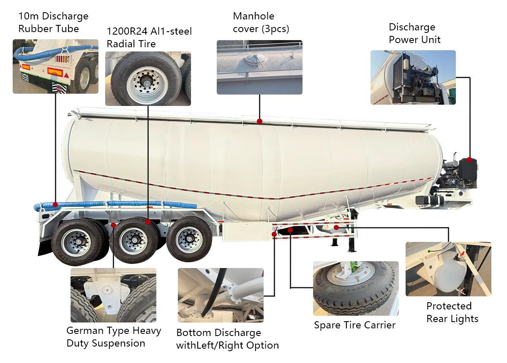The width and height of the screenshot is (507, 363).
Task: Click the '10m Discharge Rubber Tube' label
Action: pos(53,22)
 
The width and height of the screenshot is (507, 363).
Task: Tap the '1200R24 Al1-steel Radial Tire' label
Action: pos(149,37)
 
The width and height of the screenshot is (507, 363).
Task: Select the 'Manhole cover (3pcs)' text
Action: pos(261,22)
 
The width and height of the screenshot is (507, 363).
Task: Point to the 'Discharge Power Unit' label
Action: pos(414,33)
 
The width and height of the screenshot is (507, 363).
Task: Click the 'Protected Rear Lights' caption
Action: pos(452,312)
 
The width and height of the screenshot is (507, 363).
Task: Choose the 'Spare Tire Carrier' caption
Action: pos(354,325)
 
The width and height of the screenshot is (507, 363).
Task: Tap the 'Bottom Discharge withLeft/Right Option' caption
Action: pos(227,339)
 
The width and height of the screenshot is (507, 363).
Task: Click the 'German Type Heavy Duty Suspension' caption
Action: pos(114,337)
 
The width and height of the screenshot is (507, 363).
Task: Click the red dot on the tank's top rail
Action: pos(259,122)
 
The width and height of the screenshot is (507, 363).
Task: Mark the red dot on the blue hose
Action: pos(55,205)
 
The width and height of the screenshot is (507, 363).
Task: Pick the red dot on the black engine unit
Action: pos(469,160)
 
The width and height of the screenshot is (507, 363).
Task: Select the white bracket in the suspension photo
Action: pos(106,294)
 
